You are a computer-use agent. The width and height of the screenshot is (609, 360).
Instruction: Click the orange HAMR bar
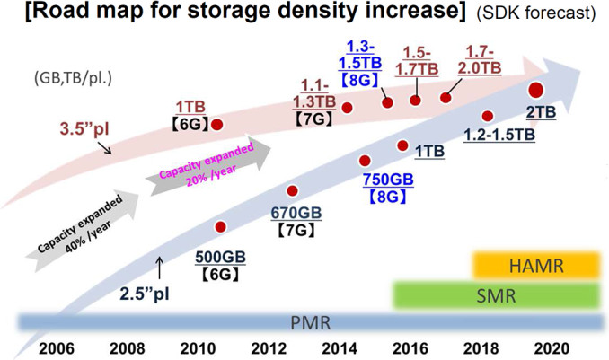tap(536, 265)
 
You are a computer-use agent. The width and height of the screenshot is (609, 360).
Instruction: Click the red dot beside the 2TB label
tap(536, 89)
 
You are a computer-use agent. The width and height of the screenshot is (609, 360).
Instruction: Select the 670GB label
tap(296, 214)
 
